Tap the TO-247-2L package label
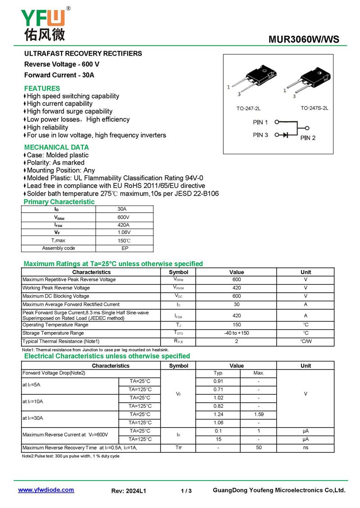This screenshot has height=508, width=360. pos(248,108)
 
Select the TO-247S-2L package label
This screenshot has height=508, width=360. pos(314,108)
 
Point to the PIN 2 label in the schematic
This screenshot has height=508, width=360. pos(308,138)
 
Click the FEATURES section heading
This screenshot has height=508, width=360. pos(42,88)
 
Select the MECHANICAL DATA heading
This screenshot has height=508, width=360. pos(56,147)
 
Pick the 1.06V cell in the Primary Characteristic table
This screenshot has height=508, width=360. pos(124,232)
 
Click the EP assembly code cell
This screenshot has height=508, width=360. pos(125,248)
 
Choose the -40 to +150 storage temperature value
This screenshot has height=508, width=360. pos(236,333)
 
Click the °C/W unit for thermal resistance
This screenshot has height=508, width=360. pos(306,341)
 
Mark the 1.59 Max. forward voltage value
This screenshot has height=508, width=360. pos(258,414)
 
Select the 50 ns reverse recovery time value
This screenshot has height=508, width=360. pos(258,448)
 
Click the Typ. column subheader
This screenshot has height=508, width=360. pos(218,373)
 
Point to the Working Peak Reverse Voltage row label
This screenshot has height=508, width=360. pos(56,288)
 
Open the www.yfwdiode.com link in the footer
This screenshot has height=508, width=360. pos(46,490)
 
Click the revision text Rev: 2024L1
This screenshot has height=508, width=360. pos(129,491)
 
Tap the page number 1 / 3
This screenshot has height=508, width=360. pos(186,491)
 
